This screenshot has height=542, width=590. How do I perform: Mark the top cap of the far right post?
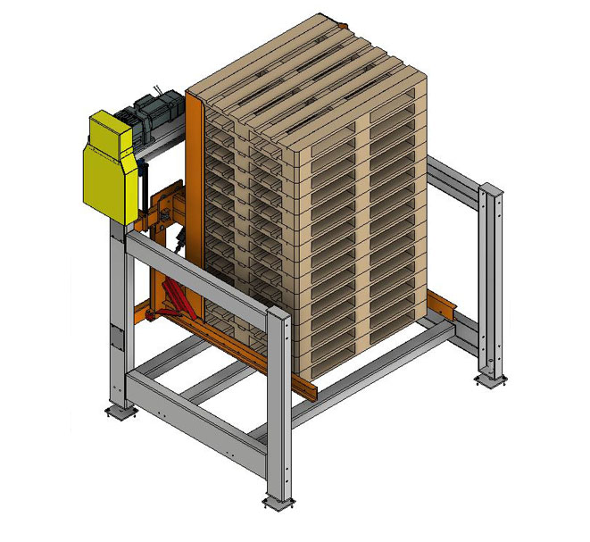tap(491, 188)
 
